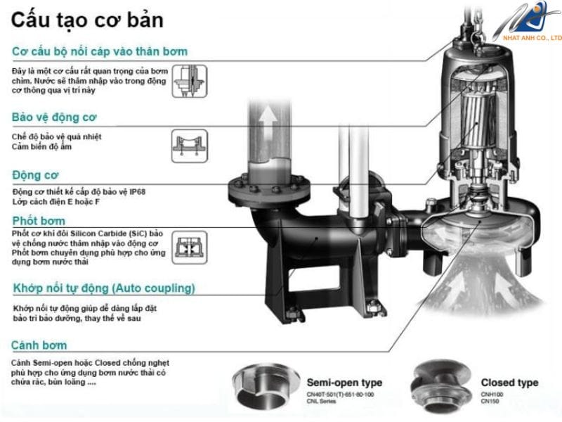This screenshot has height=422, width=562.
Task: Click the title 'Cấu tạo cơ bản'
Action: [87, 20]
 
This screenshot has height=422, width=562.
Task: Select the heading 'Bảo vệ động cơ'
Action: [54, 117]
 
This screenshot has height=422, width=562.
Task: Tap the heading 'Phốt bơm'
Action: [39, 220]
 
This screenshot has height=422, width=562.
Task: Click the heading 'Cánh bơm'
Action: [39, 345]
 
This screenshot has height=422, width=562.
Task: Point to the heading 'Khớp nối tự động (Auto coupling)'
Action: [104, 288]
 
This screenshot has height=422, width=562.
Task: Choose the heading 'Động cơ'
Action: [35, 175]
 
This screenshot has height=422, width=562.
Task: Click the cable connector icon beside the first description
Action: [190, 81]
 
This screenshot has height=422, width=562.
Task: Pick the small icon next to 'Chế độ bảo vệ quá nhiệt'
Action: [190, 146]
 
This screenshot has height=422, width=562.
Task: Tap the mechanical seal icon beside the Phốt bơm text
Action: [190, 248]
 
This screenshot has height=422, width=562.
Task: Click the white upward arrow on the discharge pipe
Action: [268, 120]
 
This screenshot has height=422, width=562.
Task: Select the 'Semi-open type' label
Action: [344, 383]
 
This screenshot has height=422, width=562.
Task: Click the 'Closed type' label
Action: [510, 383]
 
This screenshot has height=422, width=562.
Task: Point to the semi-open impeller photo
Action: [266, 386]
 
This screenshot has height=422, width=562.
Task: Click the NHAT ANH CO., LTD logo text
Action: [532, 38]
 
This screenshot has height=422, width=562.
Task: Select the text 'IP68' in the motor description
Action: [137, 191]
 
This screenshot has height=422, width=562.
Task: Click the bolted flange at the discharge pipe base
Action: [269, 189]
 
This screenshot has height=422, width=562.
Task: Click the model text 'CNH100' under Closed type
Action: [492, 395]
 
